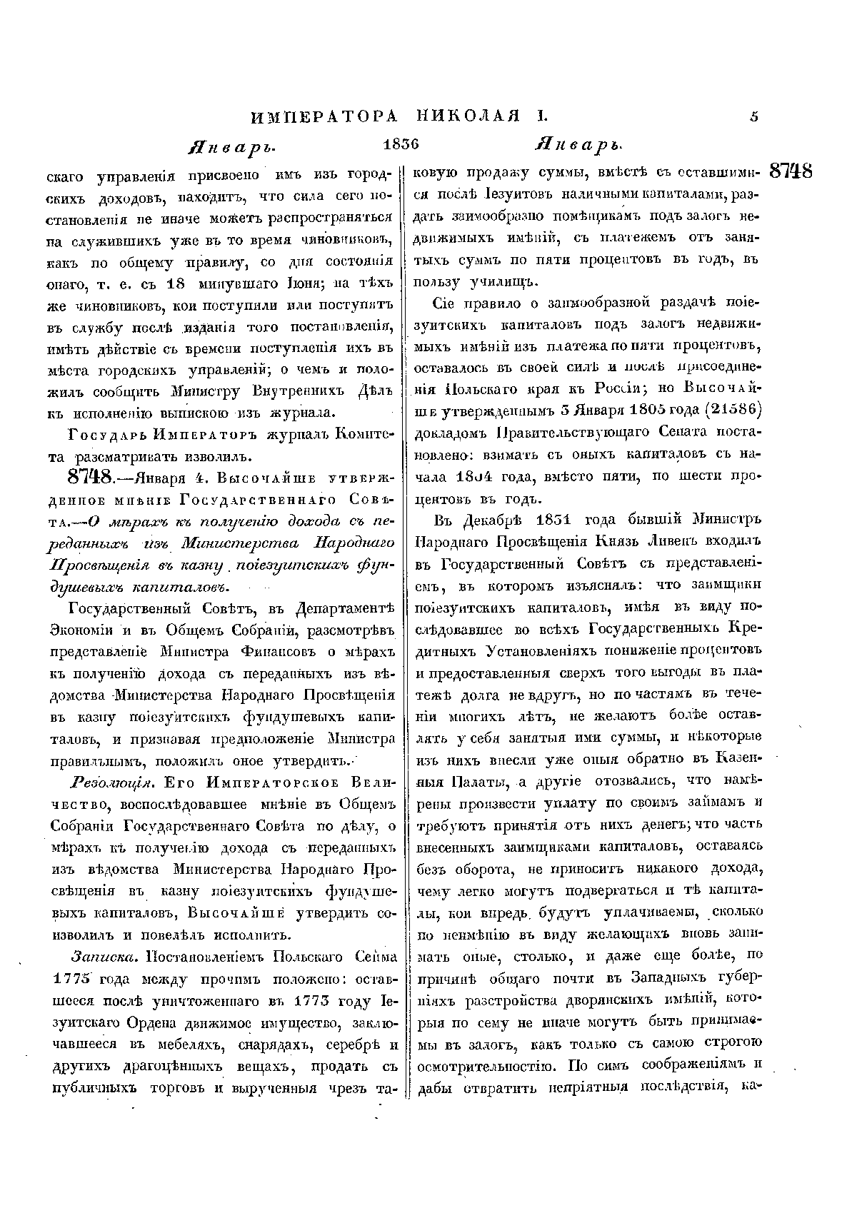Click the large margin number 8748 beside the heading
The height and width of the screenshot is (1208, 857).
point(790,172)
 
